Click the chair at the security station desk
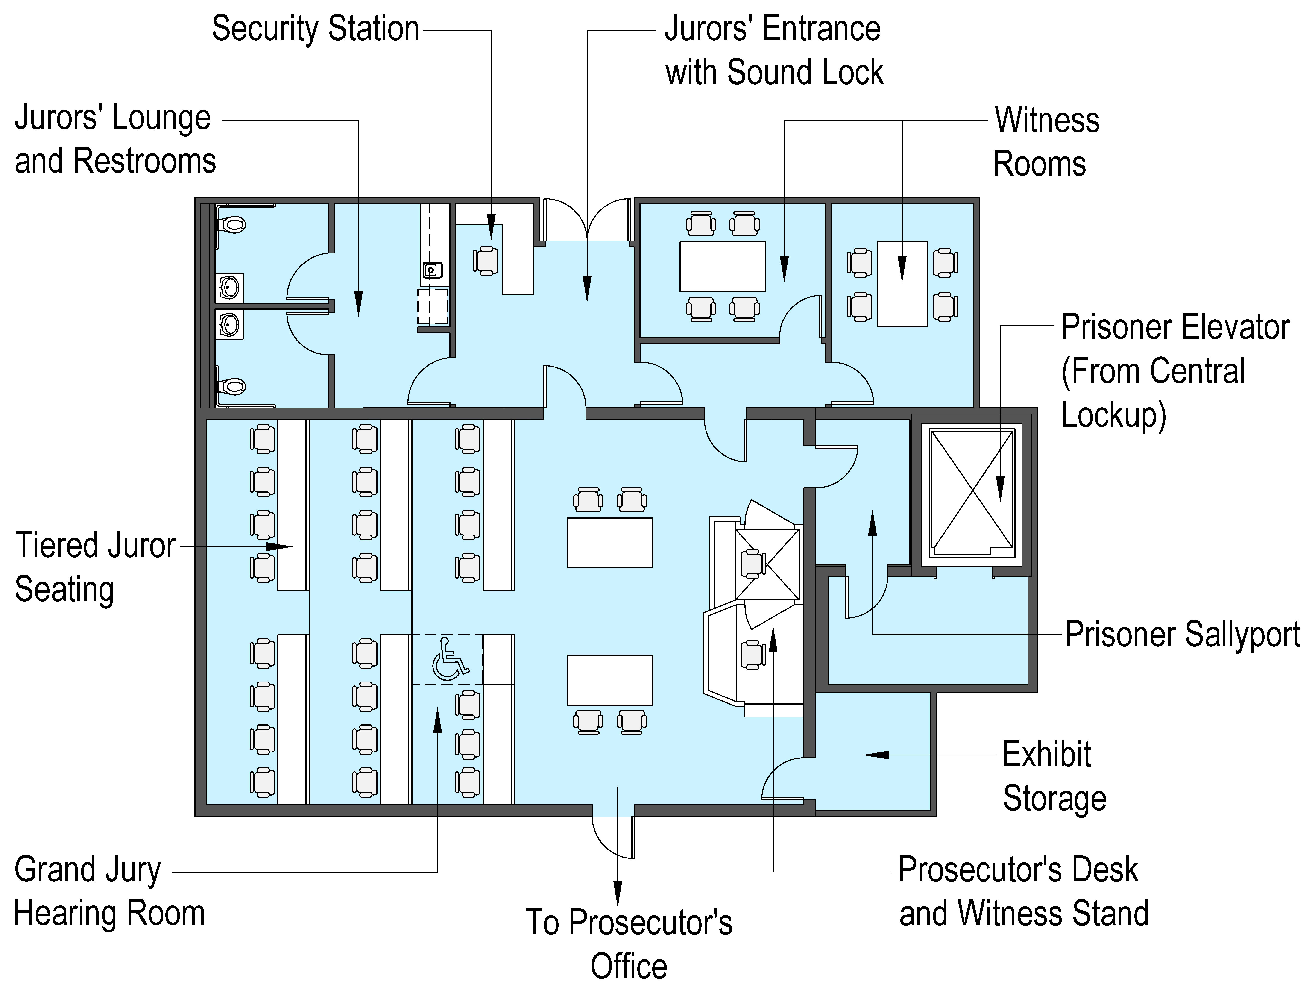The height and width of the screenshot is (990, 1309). (486, 260)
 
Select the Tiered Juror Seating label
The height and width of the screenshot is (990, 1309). (95, 567)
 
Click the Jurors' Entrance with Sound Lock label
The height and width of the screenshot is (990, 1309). (773, 50)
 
